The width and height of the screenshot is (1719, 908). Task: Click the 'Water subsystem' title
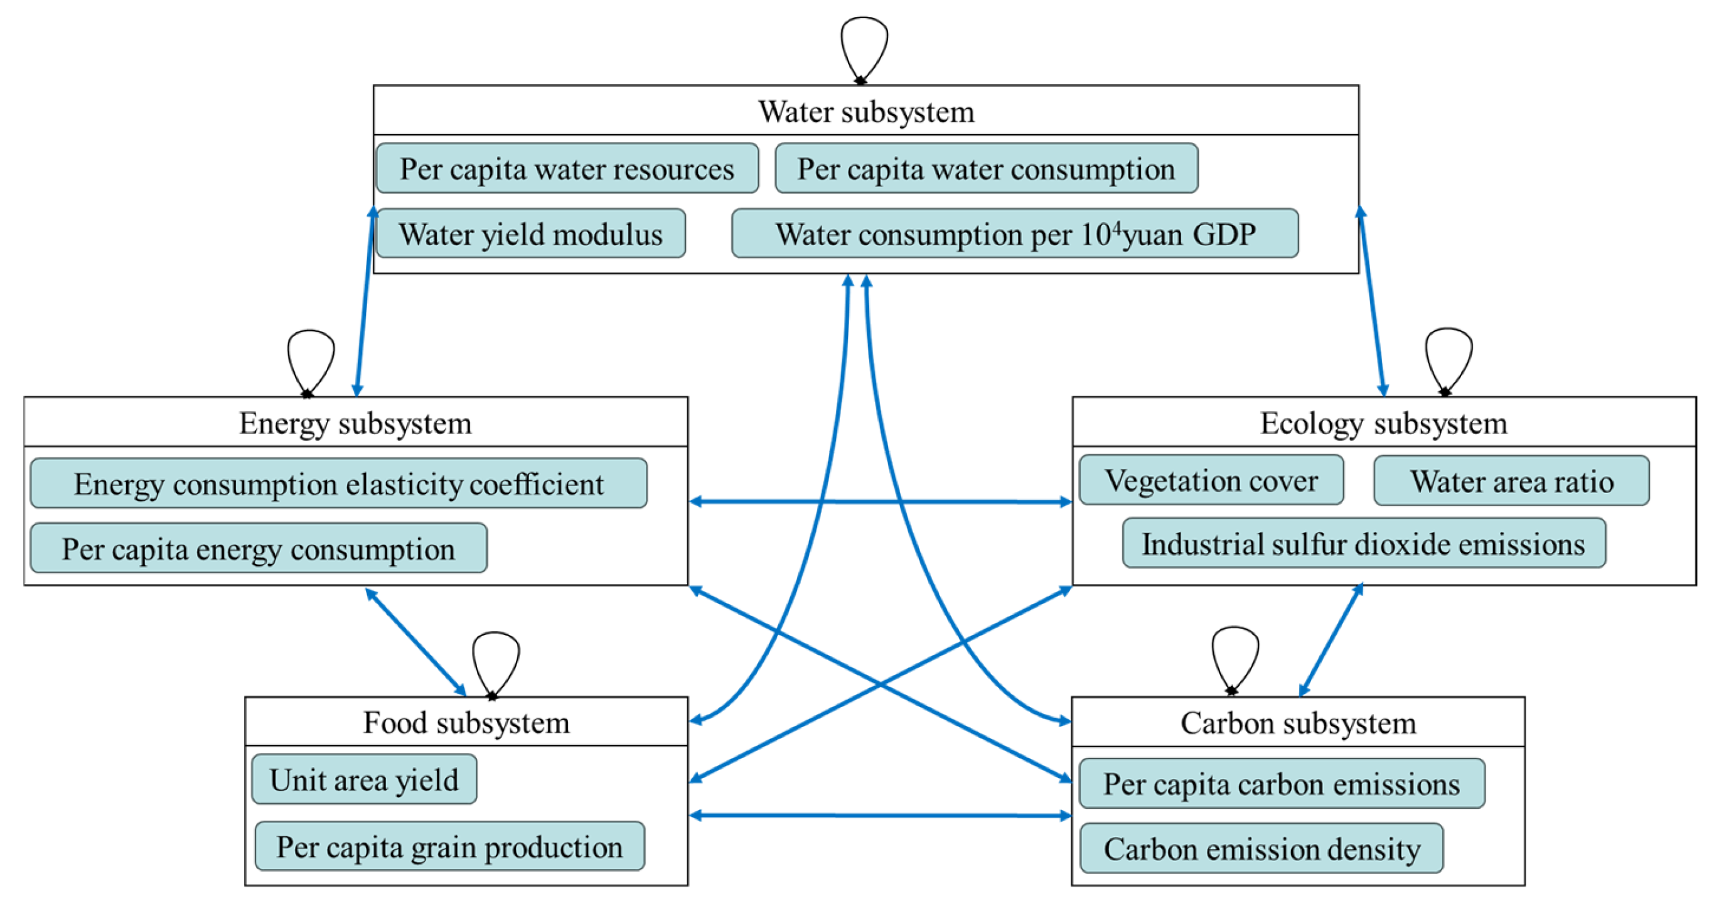pyautogui.click(x=865, y=112)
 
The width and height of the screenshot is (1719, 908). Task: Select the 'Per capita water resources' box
pyautogui.click(x=567, y=169)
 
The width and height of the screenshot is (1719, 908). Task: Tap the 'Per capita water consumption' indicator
pyautogui.click(x=985, y=169)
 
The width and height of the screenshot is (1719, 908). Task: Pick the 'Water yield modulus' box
pyautogui.click(x=530, y=234)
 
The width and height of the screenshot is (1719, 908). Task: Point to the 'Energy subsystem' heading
pyautogui.click(x=355, y=423)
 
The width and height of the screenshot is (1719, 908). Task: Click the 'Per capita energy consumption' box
pyautogui.click(x=258, y=549)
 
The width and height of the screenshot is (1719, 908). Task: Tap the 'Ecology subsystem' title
pyautogui.click(x=1383, y=423)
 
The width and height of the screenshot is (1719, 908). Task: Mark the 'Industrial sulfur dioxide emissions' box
pyautogui.click(x=1363, y=544)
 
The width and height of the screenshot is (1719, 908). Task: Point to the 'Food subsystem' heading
pyautogui.click(x=466, y=722)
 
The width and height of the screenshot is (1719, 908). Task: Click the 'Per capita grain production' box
pyautogui.click(x=449, y=846)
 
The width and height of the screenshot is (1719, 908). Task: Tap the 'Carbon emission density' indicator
pyautogui.click(x=1261, y=848)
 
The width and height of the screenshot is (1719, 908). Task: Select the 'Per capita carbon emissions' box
pyautogui.click(x=1281, y=784)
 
